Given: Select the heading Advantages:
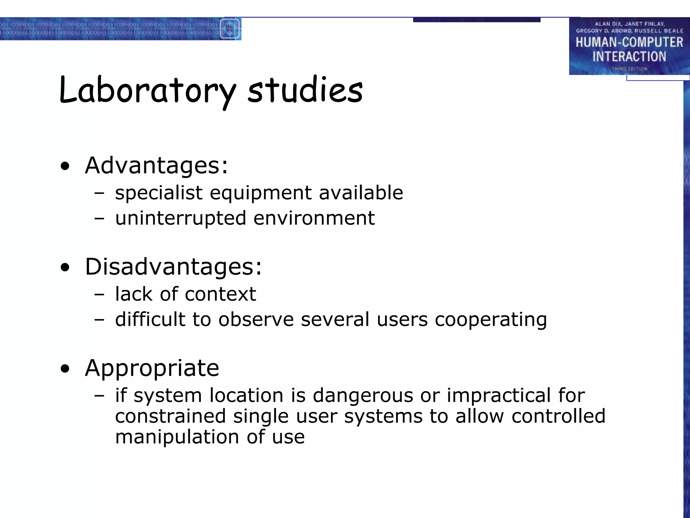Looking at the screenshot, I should pos(156,166).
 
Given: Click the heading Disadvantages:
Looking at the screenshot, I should pos(173,267).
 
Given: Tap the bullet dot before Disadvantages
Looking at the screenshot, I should pos(65,267).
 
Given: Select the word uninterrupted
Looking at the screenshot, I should pos(181,218).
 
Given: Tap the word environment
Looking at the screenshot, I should pos(314,218).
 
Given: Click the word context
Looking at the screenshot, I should pos(220,294).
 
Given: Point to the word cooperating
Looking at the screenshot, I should pos(491,319).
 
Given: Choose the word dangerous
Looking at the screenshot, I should pos(363,395).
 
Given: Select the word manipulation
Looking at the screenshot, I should pos(177,437).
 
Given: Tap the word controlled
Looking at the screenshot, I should pos(558,416).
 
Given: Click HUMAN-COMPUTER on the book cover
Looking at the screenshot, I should pos(629,42).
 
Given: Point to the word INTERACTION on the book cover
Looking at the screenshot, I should pos(629,56).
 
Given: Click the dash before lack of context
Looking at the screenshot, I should pos(99,294).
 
